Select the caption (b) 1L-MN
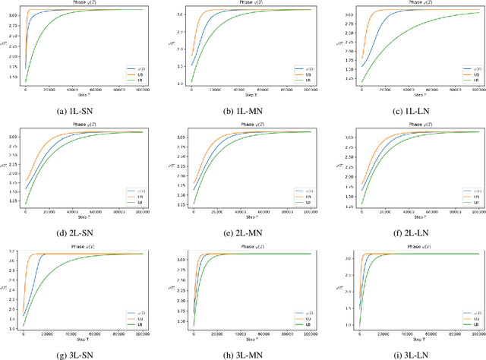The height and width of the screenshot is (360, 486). pyautogui.click(x=243, y=112)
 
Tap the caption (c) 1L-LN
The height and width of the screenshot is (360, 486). pyautogui.click(x=410, y=112)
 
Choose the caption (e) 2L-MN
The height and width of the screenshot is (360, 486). pyautogui.click(x=243, y=232)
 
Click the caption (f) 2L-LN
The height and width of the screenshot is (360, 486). pyautogui.click(x=410, y=232)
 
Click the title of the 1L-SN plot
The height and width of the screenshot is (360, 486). pyautogui.click(x=84, y=4)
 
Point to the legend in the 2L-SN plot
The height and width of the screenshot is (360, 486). pyautogui.click(x=134, y=196)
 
